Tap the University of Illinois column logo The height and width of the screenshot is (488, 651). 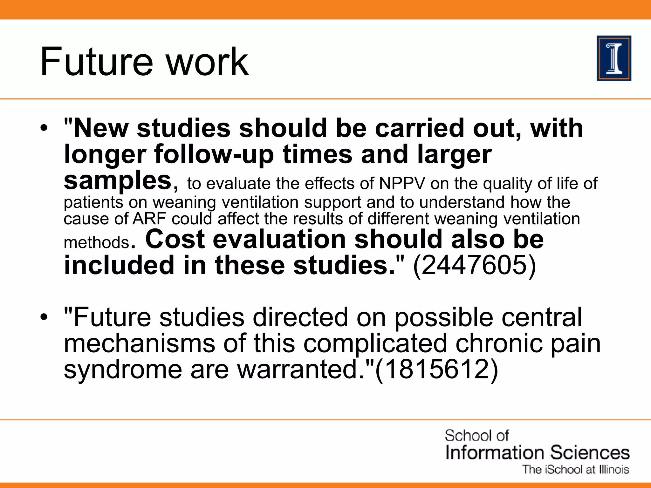tap(614, 58)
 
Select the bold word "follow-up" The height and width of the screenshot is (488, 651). tap(214, 155)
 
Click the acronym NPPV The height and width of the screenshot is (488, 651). tap(402, 183)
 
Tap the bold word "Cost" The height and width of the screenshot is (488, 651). tap(175, 239)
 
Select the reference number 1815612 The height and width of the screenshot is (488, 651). tap(436, 369)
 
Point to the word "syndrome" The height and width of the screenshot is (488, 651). tap(123, 369)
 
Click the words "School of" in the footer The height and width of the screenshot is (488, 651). tap(476, 436)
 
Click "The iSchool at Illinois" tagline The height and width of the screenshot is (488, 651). tap(576, 470)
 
